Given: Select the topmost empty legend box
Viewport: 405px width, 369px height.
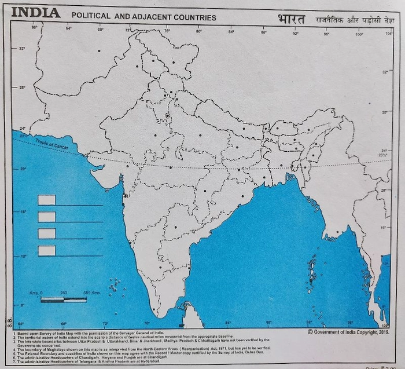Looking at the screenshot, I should [x=47, y=200].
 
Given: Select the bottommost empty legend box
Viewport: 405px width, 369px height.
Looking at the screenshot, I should [x=47, y=250].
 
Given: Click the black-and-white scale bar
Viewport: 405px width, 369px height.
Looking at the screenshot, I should [x=64, y=299].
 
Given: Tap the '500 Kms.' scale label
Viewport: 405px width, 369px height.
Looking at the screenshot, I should [x=93, y=292].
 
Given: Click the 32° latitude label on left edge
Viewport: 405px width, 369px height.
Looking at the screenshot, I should [x=21, y=49].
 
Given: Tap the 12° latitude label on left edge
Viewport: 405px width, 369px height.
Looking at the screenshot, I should [x=24, y=255].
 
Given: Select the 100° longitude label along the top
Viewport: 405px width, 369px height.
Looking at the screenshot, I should [x=359, y=34].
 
